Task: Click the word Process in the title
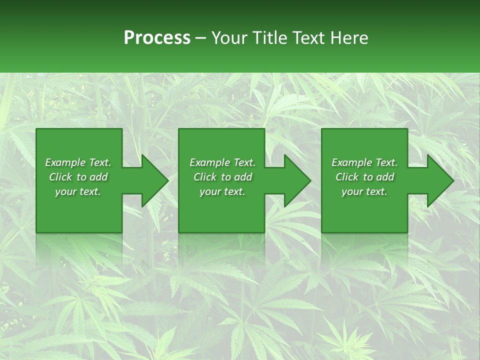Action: click(x=157, y=38)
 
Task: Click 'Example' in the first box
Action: click(x=65, y=162)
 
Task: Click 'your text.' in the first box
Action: click(x=77, y=191)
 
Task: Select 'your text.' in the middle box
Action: click(x=222, y=191)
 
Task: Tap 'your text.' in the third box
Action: click(x=364, y=191)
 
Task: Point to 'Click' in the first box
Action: click(x=60, y=177)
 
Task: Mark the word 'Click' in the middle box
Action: click(x=204, y=177)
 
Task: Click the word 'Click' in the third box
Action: click(x=346, y=177)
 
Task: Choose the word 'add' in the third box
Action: click(x=385, y=177)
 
